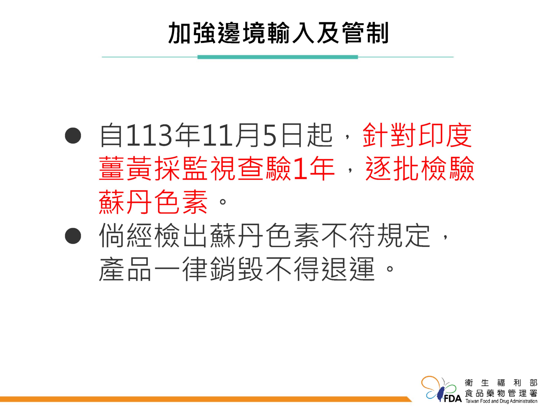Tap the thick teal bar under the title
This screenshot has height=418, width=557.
coord(278,57)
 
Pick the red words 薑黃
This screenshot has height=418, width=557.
coord(126,168)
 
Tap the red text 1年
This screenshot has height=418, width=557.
coord(314,168)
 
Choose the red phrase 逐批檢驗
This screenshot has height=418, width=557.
coord(420,168)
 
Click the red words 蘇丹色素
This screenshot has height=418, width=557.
coord(153,202)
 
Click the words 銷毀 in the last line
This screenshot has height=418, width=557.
coord(237,269)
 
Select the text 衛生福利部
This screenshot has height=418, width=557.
coord(501,383)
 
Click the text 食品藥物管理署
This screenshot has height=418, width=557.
coord(501,393)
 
